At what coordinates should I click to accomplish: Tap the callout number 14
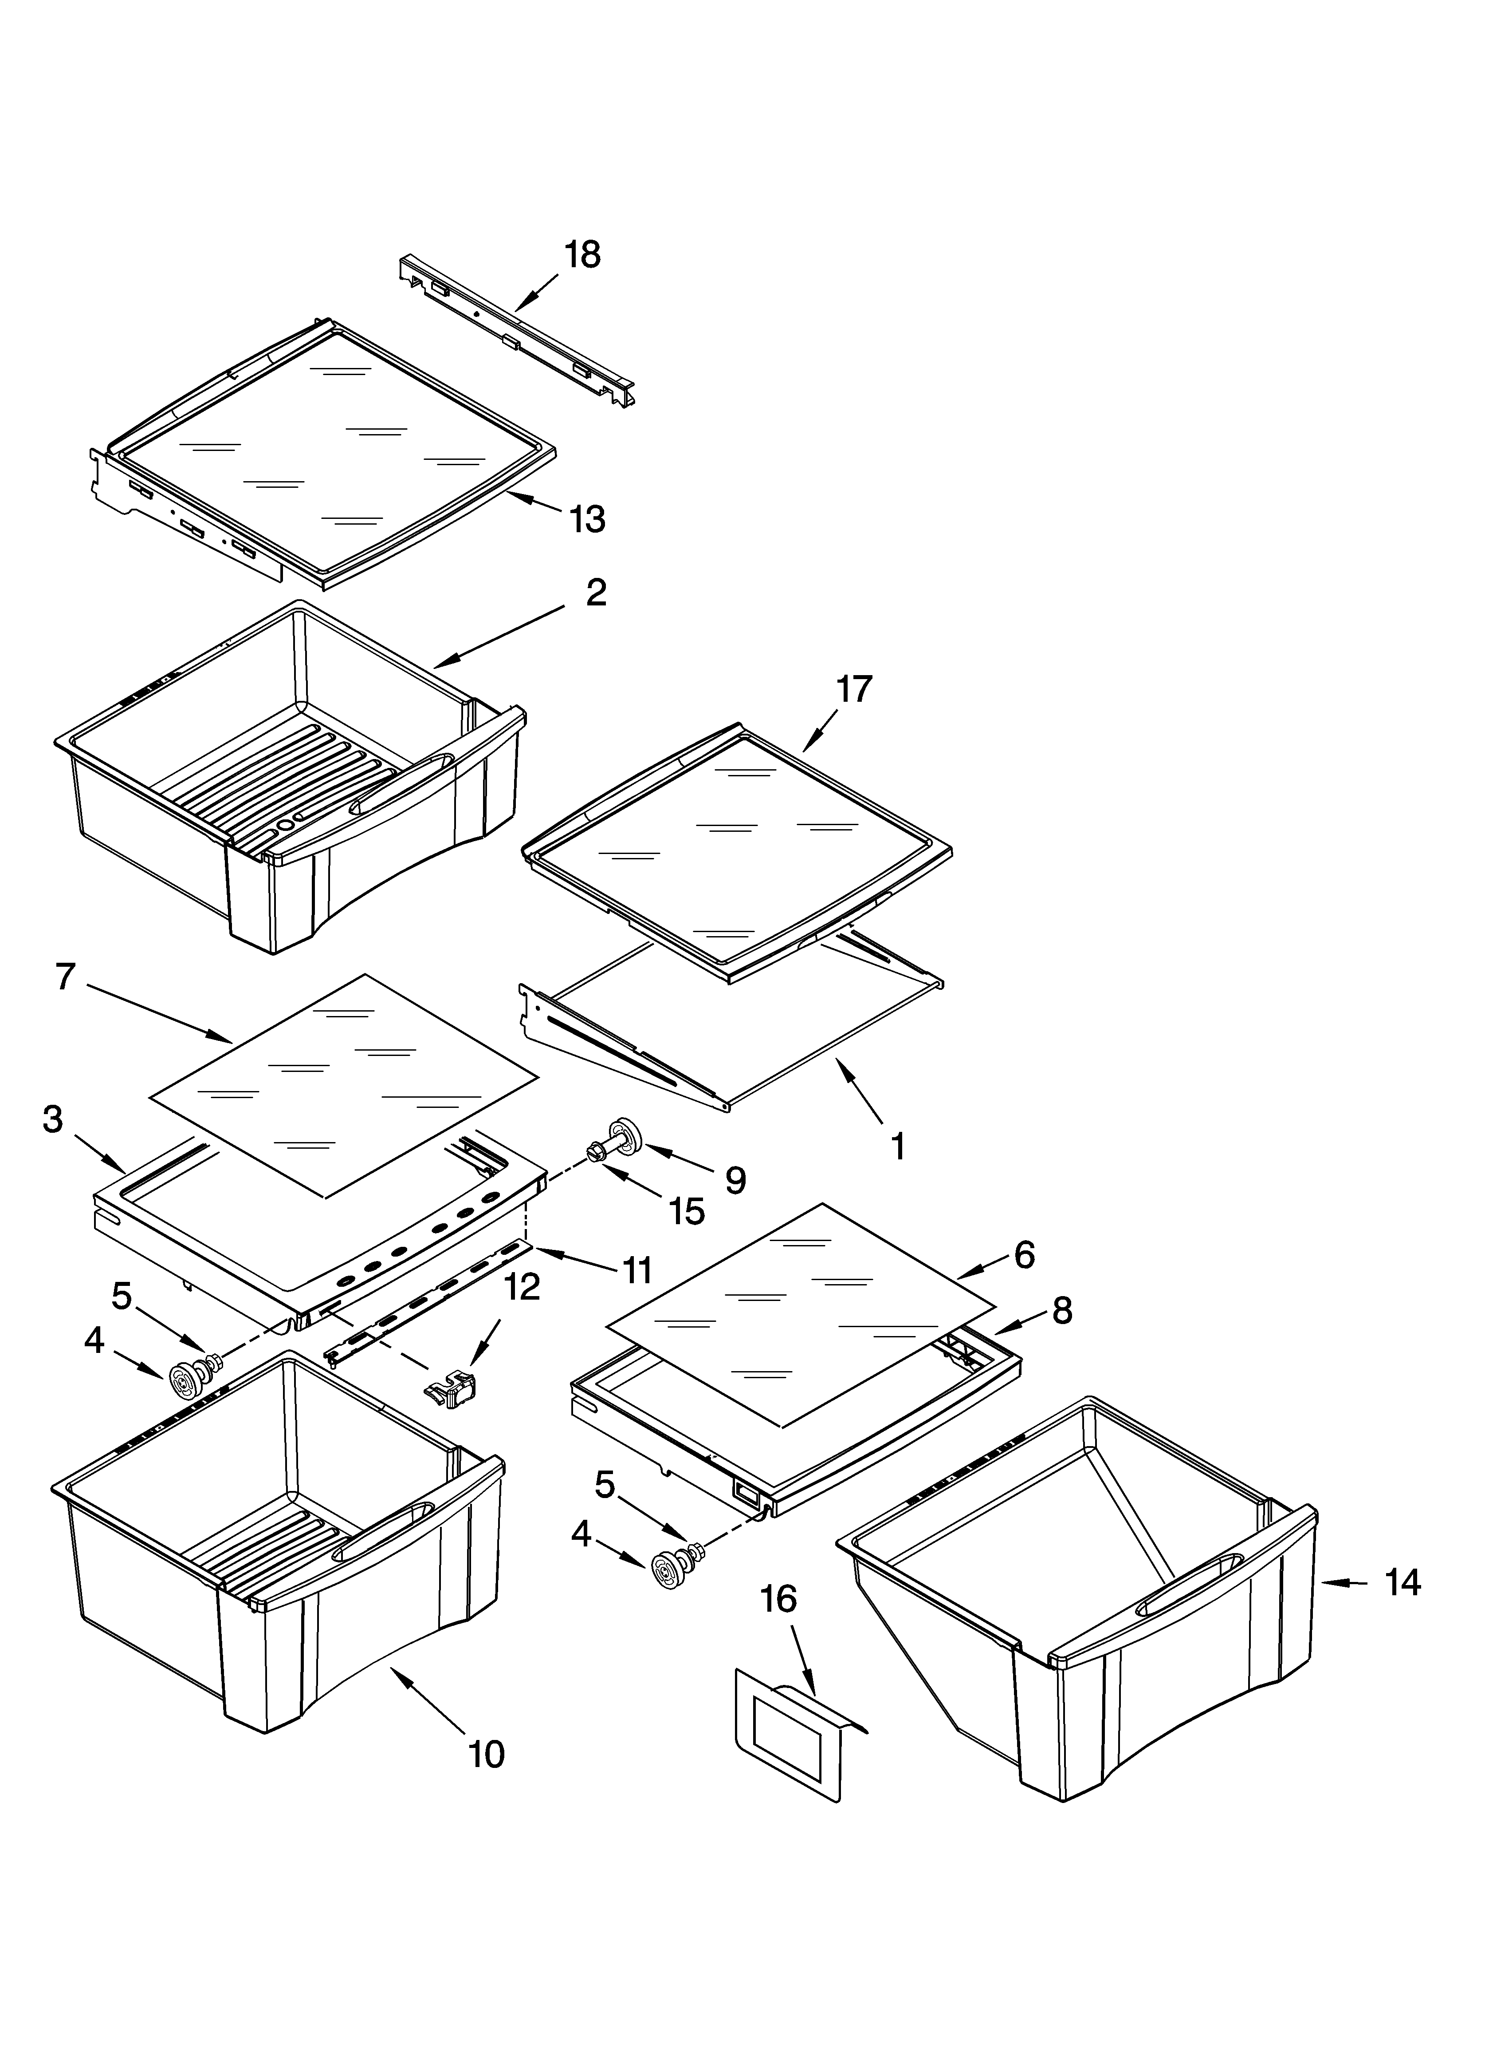[1402, 1582]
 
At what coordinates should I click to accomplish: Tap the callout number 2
[596, 593]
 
